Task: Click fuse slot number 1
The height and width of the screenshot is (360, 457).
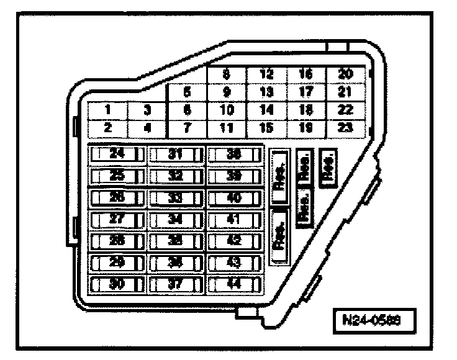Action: point(107,110)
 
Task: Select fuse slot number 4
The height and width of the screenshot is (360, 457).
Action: point(147,128)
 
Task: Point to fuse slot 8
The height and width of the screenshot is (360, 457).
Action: point(227,74)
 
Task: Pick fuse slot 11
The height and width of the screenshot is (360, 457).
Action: point(227,128)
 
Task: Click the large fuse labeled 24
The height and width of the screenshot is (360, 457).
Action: point(117,154)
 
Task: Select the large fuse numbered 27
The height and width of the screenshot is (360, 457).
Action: point(117,219)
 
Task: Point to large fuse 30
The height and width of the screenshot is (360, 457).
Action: point(117,284)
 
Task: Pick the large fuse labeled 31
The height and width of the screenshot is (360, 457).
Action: point(176,154)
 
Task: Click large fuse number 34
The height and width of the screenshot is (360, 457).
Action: point(176,219)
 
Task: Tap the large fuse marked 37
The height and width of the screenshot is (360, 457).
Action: point(176,284)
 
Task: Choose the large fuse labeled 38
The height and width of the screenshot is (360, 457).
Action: point(234,154)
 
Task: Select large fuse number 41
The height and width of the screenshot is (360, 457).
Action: point(234,219)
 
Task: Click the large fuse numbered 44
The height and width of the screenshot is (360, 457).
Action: point(234,284)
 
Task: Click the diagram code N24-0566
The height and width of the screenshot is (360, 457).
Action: point(373,322)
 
